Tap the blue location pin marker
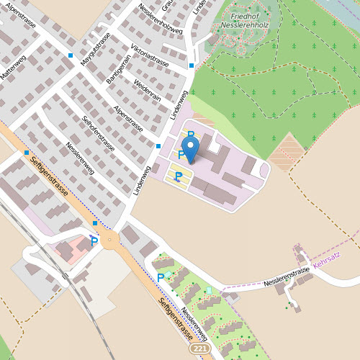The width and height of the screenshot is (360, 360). (191, 150)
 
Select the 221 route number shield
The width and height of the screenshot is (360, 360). (201, 348)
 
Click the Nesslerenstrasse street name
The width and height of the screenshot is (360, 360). (286, 274)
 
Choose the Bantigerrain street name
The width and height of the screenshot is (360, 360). (117, 69)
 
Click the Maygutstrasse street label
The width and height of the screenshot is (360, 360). (95, 50)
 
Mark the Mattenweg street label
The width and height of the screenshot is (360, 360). (12, 69)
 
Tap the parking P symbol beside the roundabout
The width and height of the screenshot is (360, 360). (94, 241)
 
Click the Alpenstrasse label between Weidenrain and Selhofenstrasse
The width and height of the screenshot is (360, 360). (128, 120)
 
